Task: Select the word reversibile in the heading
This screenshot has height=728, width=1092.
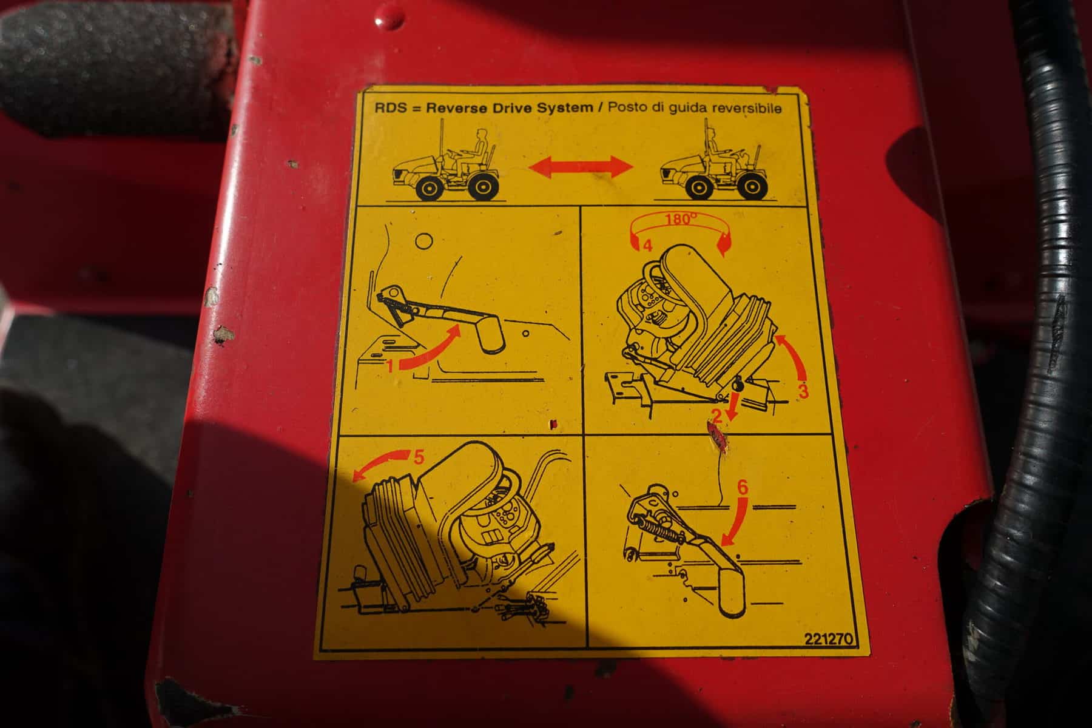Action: (x=743, y=109)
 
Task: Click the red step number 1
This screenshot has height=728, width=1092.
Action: (x=391, y=366)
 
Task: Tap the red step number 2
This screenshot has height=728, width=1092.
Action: (x=716, y=416)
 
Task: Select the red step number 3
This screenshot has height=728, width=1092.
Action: (x=803, y=391)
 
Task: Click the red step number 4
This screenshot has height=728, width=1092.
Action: (x=647, y=246)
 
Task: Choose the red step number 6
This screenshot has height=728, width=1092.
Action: (x=743, y=487)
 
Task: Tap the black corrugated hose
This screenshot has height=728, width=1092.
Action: (x=1031, y=364)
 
